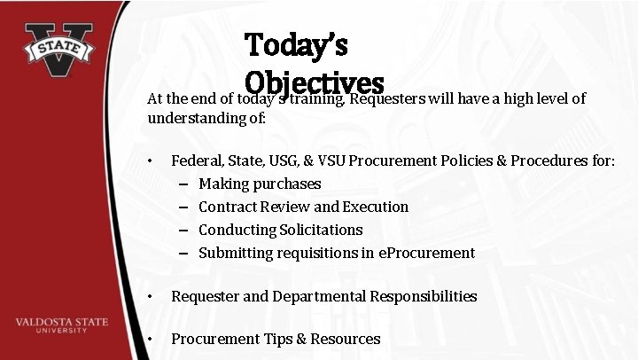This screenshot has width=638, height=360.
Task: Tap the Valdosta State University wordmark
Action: (x=62, y=325)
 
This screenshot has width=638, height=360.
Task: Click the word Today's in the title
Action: (x=296, y=43)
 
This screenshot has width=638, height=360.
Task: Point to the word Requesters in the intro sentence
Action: (x=388, y=99)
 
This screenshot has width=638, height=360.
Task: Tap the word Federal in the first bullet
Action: (x=197, y=160)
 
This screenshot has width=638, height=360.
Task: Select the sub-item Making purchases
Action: (x=260, y=184)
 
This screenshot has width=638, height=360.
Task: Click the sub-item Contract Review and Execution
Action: (x=303, y=207)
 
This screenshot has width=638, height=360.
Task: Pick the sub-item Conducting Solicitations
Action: (x=280, y=230)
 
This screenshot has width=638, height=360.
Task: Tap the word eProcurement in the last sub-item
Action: (x=427, y=253)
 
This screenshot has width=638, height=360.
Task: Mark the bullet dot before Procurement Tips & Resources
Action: (x=152, y=339)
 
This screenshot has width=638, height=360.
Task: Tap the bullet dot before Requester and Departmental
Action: (x=152, y=296)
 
